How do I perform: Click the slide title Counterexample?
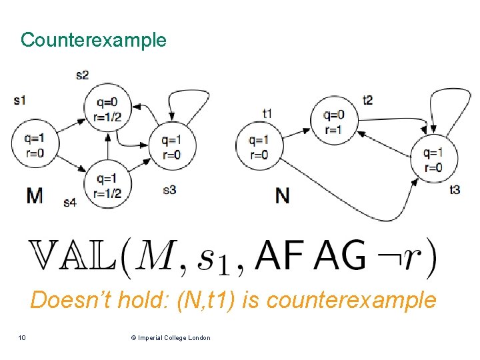point(93,40)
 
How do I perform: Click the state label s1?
point(19,101)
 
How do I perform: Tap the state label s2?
point(82,75)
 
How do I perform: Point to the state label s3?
point(169,190)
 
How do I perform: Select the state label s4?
point(70,202)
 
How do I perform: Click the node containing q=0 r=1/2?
point(108,109)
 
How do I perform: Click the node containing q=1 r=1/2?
point(108,185)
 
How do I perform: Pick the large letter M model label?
point(34,195)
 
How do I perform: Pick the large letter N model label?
point(282,195)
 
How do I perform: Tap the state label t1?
point(267,113)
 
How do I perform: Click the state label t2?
point(367,100)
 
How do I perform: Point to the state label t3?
point(454,190)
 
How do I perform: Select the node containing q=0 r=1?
point(333,122)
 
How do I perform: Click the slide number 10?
point(22,338)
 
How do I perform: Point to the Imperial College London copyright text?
point(171,338)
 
